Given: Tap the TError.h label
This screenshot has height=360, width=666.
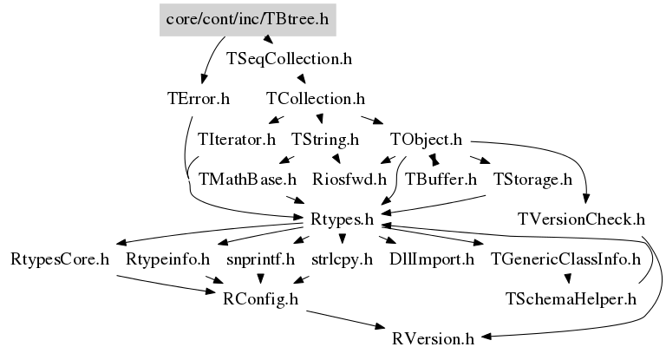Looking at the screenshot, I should pos(199,99).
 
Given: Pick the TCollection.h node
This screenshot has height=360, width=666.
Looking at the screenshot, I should pos(316,99).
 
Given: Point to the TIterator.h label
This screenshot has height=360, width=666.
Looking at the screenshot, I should pos(237,139).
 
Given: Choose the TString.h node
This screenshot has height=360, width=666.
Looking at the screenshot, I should pos(325,139).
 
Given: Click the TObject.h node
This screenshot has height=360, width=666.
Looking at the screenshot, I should pos(426,139).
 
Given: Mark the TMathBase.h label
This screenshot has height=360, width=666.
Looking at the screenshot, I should pos(248,180).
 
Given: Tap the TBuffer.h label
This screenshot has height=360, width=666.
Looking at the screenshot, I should pos(441,180).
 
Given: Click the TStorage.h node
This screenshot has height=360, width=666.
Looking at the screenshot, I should pos(532,180).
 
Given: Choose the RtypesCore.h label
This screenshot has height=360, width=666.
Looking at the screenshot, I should pos(60,259).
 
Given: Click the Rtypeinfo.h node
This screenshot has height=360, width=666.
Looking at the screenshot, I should pos(168,259).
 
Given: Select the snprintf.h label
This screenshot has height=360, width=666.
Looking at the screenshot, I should pos(261,259).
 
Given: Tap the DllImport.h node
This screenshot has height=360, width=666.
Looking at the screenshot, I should pos(432,259).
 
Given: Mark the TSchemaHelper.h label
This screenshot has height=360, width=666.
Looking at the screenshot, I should pos(571,298).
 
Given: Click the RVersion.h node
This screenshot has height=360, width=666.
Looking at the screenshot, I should pos(433,337).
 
